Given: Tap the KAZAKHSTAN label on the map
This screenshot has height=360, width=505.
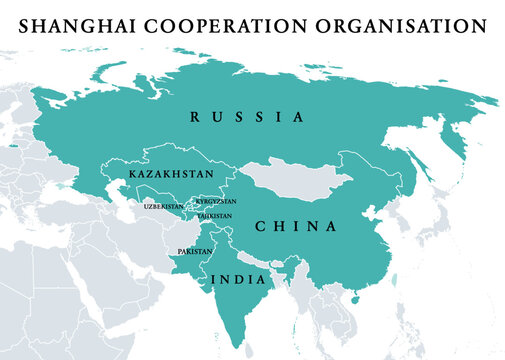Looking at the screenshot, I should [171, 174].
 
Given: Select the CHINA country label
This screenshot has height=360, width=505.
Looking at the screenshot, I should [296, 226].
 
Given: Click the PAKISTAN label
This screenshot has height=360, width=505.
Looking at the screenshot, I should [194, 251].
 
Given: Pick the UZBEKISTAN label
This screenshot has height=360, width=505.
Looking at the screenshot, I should [164, 206].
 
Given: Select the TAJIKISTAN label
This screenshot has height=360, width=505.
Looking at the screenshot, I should [214, 215].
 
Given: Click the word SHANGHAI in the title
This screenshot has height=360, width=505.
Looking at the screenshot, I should [79, 22].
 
